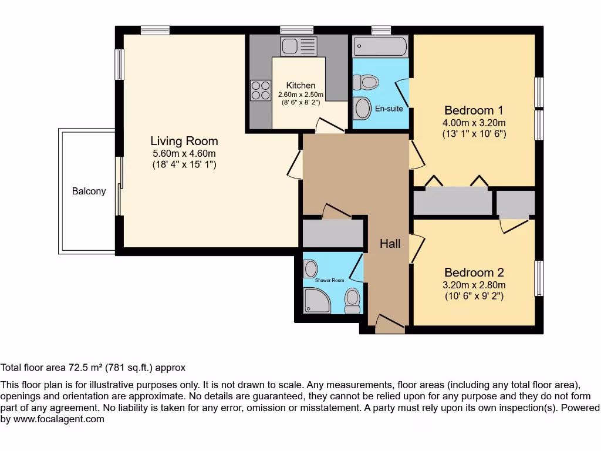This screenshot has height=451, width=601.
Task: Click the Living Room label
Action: click(x=184, y=141)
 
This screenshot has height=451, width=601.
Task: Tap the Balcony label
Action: click(x=89, y=191)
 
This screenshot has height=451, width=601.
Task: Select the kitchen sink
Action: click(x=298, y=46)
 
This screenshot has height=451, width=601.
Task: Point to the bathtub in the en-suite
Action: click(x=380, y=46)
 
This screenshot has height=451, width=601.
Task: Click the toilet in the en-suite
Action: click(x=367, y=82)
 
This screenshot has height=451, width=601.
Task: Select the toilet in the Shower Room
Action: click(x=352, y=300)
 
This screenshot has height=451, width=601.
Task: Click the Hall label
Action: click(x=390, y=243)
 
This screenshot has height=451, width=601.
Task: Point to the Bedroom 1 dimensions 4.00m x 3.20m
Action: click(x=474, y=123)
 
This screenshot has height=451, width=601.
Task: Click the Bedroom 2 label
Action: click(x=474, y=272)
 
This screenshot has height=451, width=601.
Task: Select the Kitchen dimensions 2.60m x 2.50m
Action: click(x=300, y=95)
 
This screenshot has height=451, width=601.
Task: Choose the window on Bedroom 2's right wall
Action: click(x=539, y=278)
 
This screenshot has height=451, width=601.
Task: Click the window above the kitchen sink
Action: click(x=296, y=30)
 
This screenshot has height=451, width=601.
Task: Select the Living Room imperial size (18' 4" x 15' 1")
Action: click(x=184, y=165)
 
